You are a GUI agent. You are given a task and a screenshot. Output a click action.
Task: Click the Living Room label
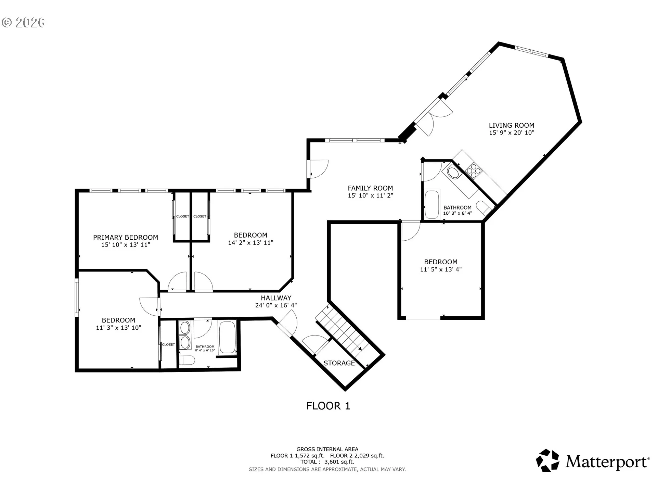tap(511, 125)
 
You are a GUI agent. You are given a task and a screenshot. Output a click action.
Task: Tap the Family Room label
tap(370, 188)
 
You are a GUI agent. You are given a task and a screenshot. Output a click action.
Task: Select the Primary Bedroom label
tap(126, 237)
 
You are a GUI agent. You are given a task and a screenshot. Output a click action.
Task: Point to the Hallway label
tap(276, 298)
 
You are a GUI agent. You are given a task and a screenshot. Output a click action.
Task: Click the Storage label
tap(339, 363)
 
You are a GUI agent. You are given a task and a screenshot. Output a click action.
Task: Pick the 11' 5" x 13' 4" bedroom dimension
tap(441, 269)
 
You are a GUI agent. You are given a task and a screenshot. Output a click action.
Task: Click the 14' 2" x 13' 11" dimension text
tap(250, 243)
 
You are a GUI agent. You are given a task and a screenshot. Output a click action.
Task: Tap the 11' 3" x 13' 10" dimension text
tap(118, 328)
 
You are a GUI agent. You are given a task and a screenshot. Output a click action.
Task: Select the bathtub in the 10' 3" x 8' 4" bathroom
tap(432, 204)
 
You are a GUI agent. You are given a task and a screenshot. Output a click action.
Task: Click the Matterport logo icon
tap(547, 460)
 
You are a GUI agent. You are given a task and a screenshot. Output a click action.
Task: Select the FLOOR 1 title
tap(328, 406)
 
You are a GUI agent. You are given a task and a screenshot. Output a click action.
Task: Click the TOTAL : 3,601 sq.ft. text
tap(327, 462)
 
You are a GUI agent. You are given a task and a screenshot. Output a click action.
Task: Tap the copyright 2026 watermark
tap(23, 23)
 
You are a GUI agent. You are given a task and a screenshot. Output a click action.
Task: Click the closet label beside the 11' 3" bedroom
tap(168, 345)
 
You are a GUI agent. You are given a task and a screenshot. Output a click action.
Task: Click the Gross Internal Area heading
tap(327, 449)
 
